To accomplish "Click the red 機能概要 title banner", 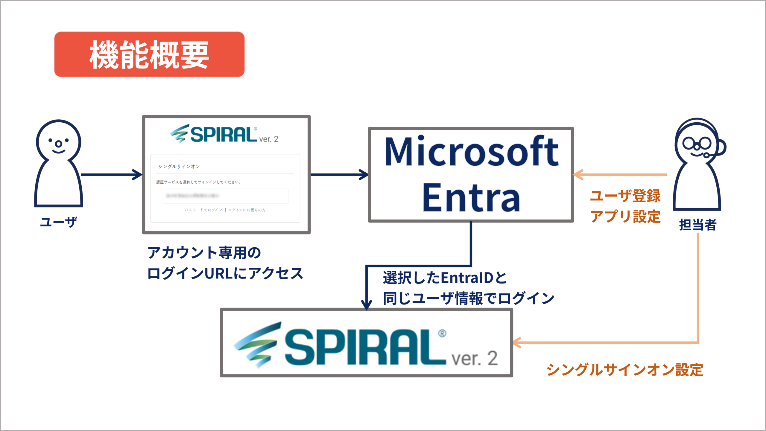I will (x=149, y=54).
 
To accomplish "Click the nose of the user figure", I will (x=59, y=144).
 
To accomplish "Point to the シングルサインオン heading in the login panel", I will (x=179, y=167).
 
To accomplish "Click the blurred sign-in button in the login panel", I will (x=225, y=196).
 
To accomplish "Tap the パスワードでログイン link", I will (x=203, y=210).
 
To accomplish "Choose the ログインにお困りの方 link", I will (x=247, y=210).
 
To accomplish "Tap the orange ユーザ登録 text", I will (x=625, y=196).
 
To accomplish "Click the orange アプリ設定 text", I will (x=625, y=217).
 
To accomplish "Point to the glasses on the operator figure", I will (x=697, y=144).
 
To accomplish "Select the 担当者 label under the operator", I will (x=698, y=225).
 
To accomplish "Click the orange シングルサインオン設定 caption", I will (x=625, y=370).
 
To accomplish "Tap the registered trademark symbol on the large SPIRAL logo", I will (x=442, y=333).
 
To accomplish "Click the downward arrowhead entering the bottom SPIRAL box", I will (x=367, y=305).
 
